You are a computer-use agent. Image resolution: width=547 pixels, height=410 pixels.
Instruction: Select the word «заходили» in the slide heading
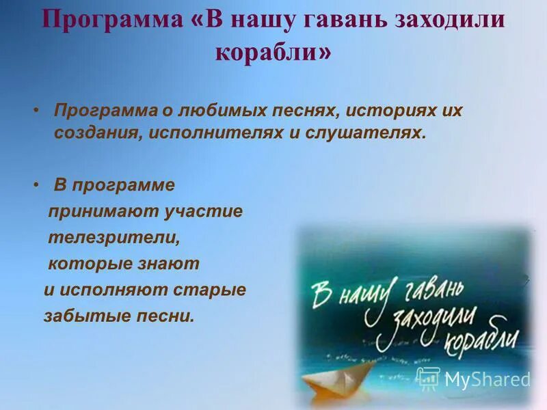pyautogui.click(x=447, y=20)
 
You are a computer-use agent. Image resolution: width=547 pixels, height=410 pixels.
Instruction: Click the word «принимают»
pyautogui.click(x=102, y=212)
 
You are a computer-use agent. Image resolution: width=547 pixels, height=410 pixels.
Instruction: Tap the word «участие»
pyautogui.click(x=203, y=212)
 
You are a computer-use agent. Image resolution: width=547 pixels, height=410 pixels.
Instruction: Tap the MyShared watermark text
pyautogui.click(x=487, y=379)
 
